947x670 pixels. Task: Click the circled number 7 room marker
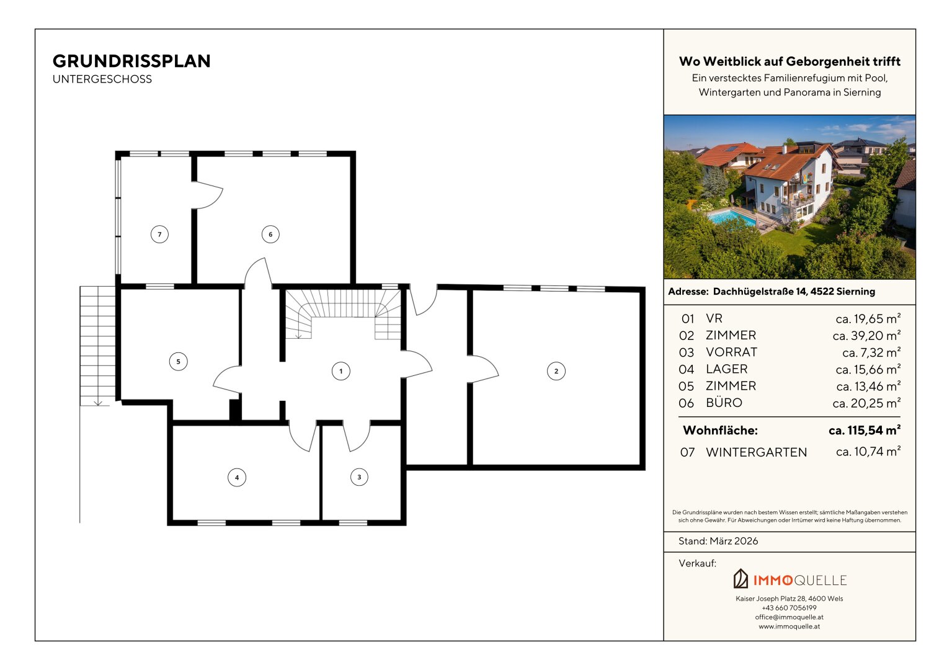point(159,234)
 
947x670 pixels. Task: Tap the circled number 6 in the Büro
point(270,234)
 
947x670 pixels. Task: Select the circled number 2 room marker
point(556,371)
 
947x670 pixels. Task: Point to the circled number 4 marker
point(237,478)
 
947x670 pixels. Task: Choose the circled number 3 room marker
point(359,477)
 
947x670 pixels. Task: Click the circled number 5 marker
point(179,362)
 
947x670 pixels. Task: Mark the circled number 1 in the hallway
point(340,371)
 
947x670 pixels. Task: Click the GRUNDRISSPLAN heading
point(131,61)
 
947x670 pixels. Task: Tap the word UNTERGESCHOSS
point(102,79)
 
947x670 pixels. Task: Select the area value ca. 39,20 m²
point(866,336)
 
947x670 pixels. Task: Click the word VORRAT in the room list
point(731,352)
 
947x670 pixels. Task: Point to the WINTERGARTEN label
point(757,452)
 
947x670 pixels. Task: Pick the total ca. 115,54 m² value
point(865,430)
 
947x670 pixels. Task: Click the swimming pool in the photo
point(731,217)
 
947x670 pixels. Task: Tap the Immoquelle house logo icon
point(740,579)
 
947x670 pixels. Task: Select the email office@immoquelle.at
point(789,617)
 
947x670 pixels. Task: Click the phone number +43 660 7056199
point(789,608)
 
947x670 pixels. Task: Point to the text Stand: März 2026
point(718,541)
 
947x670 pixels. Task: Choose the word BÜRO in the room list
point(724,403)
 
